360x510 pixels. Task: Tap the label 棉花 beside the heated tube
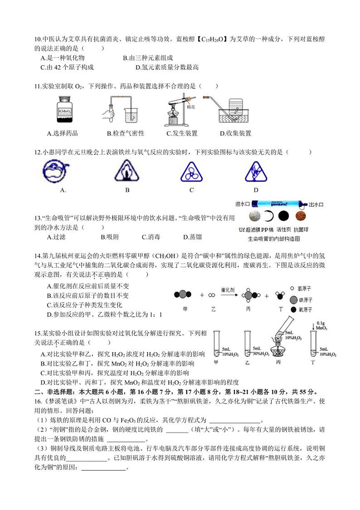coord(190,108)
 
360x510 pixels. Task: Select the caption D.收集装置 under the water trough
coord(235,133)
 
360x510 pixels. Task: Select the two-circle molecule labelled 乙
coord(211,295)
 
